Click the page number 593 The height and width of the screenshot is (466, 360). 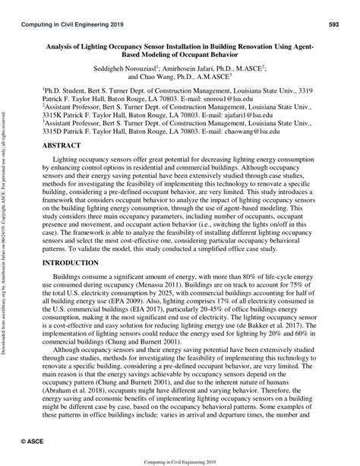(333, 25)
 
